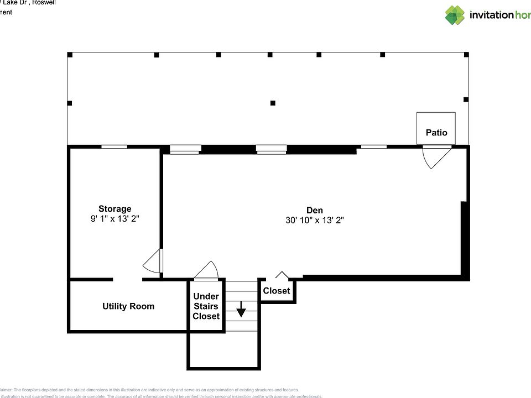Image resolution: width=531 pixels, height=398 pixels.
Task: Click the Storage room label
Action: [x=115, y=208]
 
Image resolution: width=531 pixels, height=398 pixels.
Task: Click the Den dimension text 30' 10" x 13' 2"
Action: [x=315, y=219]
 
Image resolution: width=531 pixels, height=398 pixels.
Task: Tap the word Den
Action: [x=315, y=210]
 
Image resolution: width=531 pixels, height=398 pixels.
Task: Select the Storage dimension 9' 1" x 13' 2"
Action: [x=115, y=218]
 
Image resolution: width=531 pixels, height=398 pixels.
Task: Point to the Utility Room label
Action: [x=128, y=306]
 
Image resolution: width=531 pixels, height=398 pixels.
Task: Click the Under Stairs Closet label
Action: [x=206, y=306]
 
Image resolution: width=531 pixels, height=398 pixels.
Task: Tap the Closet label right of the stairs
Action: [x=277, y=291]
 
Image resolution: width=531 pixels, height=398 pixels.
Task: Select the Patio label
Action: [x=436, y=133]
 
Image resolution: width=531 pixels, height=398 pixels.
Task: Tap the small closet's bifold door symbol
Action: [x=282, y=275]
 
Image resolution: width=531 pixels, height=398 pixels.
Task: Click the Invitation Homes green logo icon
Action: [x=455, y=15]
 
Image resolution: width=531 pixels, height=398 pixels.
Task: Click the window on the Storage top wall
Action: [x=114, y=146]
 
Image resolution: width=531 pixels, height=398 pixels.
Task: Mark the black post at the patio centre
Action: [x=273, y=103]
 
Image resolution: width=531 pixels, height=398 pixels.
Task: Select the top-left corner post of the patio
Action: [x=70, y=55]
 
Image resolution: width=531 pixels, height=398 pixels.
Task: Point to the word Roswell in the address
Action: [x=43, y=2]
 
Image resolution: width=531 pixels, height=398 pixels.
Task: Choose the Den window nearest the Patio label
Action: [x=373, y=147]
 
